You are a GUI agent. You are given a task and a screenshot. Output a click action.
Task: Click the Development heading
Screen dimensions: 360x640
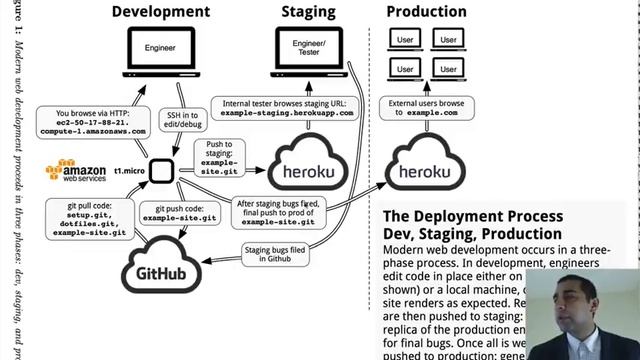(x=160, y=12)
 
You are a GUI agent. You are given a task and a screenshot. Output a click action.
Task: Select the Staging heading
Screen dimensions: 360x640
(x=308, y=12)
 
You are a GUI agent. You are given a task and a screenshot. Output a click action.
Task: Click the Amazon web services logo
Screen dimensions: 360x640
(x=75, y=170)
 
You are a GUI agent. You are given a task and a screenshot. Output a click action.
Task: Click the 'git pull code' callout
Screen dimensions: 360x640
(x=91, y=218)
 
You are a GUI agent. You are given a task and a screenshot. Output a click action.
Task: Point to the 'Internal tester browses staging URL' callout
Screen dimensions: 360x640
(x=287, y=107)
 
